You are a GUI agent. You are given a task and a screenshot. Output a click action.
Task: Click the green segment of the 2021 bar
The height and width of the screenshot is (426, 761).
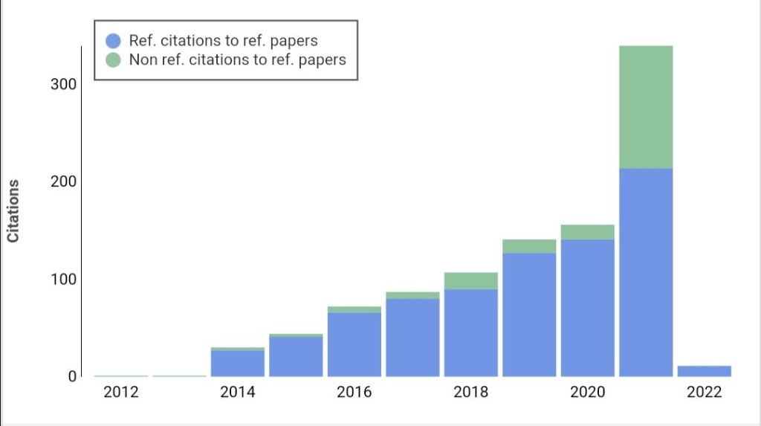click(x=646, y=107)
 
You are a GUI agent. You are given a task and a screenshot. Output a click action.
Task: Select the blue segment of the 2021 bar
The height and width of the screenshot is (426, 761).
click(x=646, y=271)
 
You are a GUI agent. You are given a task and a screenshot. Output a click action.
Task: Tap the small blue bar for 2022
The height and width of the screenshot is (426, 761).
click(x=704, y=371)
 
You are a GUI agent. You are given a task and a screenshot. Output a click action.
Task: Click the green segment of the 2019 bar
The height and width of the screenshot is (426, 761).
click(x=529, y=246)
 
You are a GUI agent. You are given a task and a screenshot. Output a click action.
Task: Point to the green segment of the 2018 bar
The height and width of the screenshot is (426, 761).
click(x=470, y=280)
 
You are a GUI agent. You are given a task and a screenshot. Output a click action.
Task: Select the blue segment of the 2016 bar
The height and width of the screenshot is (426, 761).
click(x=354, y=343)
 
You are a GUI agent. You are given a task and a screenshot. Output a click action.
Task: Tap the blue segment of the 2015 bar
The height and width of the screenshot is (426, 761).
click(x=296, y=356)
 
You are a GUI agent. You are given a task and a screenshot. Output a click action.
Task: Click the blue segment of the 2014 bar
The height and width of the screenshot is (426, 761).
click(x=238, y=363)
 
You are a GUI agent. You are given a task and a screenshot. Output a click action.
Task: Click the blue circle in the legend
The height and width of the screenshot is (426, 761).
click(x=113, y=40)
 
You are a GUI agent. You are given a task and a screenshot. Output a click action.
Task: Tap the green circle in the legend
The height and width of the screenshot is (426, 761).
click(x=113, y=60)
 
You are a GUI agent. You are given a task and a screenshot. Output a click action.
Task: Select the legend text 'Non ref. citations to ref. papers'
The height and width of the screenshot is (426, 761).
click(x=237, y=60)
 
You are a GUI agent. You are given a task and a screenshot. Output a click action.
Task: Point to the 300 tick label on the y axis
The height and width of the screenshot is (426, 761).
click(x=63, y=84)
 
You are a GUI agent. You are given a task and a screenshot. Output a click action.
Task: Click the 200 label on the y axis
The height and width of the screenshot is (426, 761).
click(x=63, y=181)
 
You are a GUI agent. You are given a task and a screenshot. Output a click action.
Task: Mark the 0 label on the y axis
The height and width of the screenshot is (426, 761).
click(x=72, y=376)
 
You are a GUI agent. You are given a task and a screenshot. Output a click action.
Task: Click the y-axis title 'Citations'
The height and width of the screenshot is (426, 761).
click(x=13, y=210)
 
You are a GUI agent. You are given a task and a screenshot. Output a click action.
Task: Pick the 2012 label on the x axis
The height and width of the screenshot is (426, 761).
click(x=121, y=393)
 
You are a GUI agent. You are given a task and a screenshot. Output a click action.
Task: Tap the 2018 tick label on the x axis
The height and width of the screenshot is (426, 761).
click(x=470, y=393)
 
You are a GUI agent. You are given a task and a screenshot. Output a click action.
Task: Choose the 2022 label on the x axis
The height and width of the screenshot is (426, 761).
click(x=704, y=393)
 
